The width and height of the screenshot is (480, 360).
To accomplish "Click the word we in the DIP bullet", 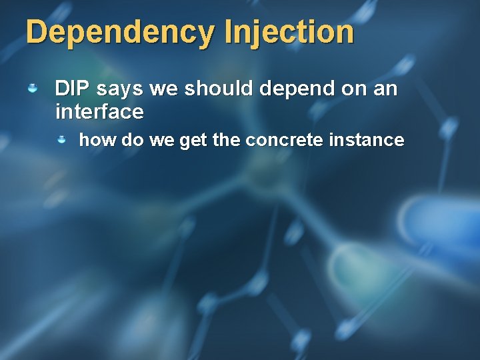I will (x=164, y=89).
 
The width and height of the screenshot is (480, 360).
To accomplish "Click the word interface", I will (x=99, y=112).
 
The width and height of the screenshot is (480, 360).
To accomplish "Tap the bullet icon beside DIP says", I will (x=33, y=88).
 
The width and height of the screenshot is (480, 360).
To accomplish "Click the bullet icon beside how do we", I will (x=61, y=140).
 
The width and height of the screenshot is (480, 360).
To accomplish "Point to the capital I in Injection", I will (x=229, y=32).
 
